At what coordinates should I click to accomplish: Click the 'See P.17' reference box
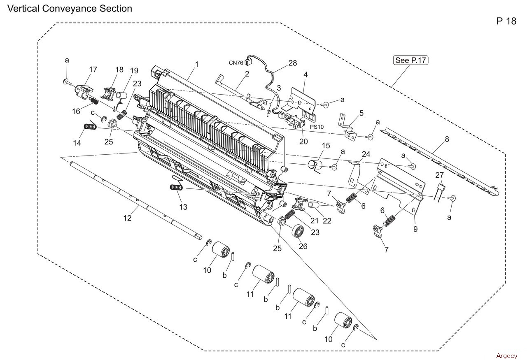[x=410, y=60]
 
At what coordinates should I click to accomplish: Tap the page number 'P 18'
[x=506, y=21]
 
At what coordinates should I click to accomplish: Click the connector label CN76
[x=236, y=63]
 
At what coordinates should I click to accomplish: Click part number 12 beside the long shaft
[x=128, y=218]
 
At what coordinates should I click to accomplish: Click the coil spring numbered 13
[x=177, y=187]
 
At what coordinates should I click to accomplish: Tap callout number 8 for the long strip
[x=447, y=139]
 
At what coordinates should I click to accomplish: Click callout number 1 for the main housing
[x=197, y=64]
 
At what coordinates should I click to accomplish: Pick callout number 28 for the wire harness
[x=292, y=63]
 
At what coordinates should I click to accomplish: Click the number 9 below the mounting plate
[x=415, y=229]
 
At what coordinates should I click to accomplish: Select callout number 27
[x=440, y=175]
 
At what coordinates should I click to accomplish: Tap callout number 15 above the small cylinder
[x=326, y=146]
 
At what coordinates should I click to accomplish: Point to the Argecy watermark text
[x=506, y=356]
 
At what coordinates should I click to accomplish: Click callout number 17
[x=93, y=70]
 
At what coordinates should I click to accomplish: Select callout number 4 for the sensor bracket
[x=305, y=75]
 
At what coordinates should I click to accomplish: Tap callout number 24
[x=366, y=154]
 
